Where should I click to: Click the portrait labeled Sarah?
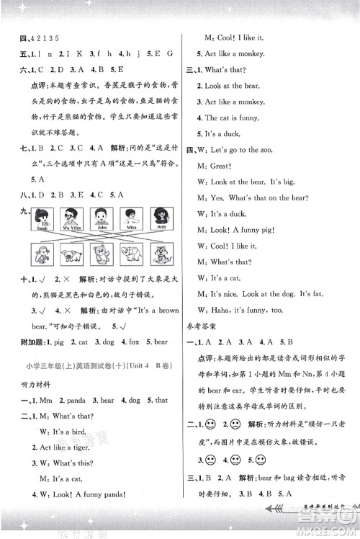point(41,216)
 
